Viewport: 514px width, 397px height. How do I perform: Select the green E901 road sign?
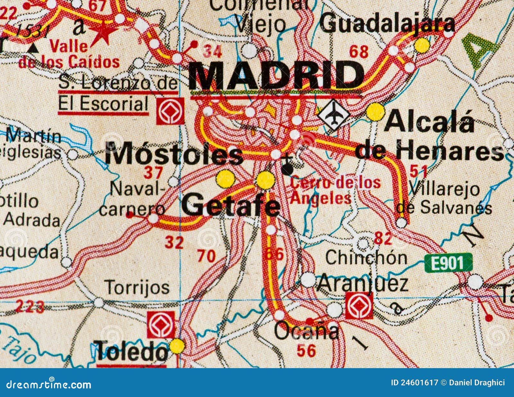[448, 263]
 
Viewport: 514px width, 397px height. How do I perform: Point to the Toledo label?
[132, 351]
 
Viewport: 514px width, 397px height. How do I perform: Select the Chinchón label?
[366, 257]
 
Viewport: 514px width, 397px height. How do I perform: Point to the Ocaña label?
[306, 331]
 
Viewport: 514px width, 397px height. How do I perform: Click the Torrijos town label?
[137, 287]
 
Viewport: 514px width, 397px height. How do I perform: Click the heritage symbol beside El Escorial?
[170, 111]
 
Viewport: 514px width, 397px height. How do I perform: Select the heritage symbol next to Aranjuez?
[359, 305]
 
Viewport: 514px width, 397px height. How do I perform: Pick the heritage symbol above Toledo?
[161, 324]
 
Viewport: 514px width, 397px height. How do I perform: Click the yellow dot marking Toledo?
[177, 346]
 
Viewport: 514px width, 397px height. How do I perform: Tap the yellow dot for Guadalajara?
[422, 45]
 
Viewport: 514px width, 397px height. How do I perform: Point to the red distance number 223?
[30, 306]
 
